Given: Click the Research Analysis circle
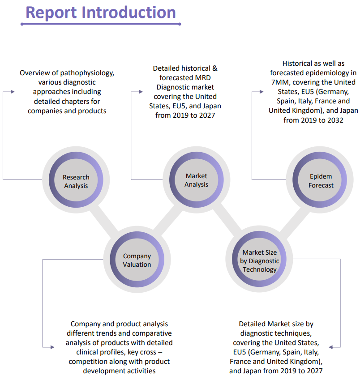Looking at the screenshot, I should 76,181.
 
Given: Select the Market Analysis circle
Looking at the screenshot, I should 196,180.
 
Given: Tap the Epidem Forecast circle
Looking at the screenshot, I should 321,181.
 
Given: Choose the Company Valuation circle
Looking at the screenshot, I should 137,260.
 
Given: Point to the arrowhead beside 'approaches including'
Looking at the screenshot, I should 13,91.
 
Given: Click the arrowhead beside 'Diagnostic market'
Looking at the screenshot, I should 140,92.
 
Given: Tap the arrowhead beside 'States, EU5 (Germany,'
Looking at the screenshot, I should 261,91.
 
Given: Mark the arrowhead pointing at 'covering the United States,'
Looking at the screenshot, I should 331,346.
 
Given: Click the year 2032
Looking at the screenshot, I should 332,119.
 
